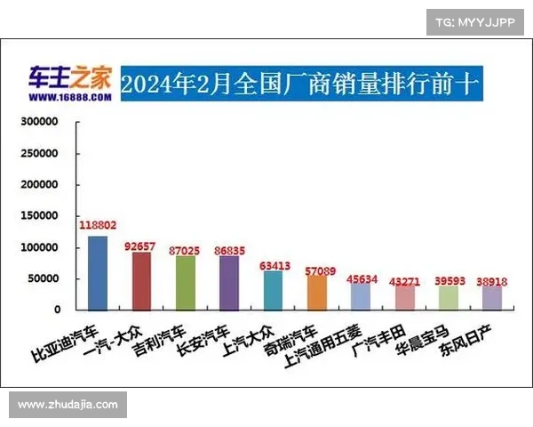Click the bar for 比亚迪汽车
pyautogui.click(x=98, y=272)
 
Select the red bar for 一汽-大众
pyautogui.click(x=141, y=280)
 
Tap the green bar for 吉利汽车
pyautogui.click(x=185, y=282)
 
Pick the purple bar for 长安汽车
pyautogui.click(x=228, y=282)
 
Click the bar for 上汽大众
pyautogui.click(x=273, y=290)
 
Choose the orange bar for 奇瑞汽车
pyautogui.click(x=316, y=292)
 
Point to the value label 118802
pyautogui.click(x=98, y=226)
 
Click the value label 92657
pyautogui.click(x=141, y=243)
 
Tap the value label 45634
pyautogui.click(x=362, y=279)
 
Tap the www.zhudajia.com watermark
pyautogui.click(x=68, y=405)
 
